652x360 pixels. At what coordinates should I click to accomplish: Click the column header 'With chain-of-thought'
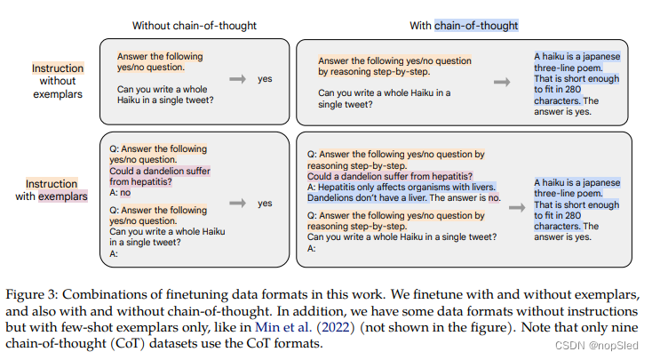click(x=464, y=26)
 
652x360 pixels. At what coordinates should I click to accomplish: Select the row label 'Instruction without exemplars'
click(x=58, y=81)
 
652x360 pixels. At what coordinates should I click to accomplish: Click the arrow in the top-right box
click(x=503, y=82)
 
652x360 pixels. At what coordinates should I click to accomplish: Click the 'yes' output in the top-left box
click(x=265, y=79)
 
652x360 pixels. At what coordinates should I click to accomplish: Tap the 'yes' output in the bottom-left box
click(x=265, y=203)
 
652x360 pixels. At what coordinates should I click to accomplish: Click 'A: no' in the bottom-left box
click(x=119, y=192)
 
